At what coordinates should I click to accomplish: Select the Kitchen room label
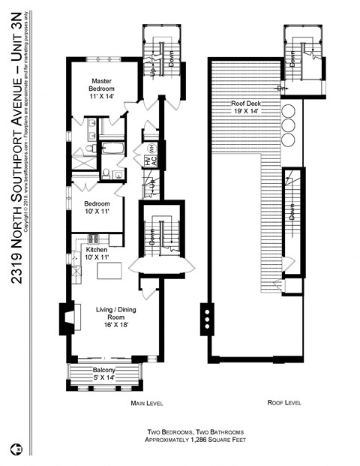tap(97, 253)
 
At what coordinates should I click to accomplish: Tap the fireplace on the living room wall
tap(68, 317)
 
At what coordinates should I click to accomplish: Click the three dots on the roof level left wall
tap(206, 318)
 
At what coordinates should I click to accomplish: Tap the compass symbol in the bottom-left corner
tap(15, 450)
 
